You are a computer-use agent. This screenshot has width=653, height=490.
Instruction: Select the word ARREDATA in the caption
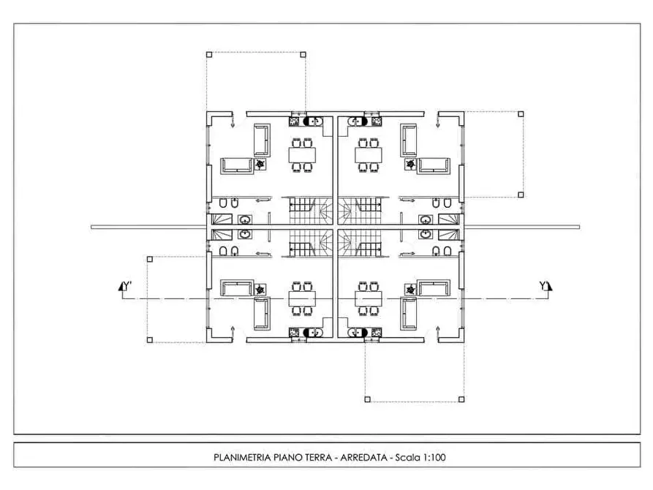pos(363,458)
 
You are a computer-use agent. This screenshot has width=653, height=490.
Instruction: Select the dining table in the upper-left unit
pos(302,155)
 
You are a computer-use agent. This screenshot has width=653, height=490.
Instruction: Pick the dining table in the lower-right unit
pos(369,298)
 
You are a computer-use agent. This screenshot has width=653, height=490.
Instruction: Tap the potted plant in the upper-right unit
pos(411,164)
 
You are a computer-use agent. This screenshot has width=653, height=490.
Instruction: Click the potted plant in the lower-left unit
pos(260,289)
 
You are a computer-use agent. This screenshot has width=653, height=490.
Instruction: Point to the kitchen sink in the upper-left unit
pos(313,121)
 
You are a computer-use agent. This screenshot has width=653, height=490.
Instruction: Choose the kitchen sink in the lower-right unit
pos(358,333)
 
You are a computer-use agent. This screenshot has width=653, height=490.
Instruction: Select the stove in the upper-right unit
pos(377,121)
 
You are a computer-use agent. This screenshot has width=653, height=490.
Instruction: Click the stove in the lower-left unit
pos(295,333)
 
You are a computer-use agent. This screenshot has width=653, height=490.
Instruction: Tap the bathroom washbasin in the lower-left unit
pos(244,234)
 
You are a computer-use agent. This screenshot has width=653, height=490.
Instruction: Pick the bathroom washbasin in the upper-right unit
pos(426,219)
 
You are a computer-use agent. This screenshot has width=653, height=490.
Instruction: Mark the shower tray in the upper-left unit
pos(222,219)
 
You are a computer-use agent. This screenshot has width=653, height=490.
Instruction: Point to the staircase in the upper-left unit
pos(311,211)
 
